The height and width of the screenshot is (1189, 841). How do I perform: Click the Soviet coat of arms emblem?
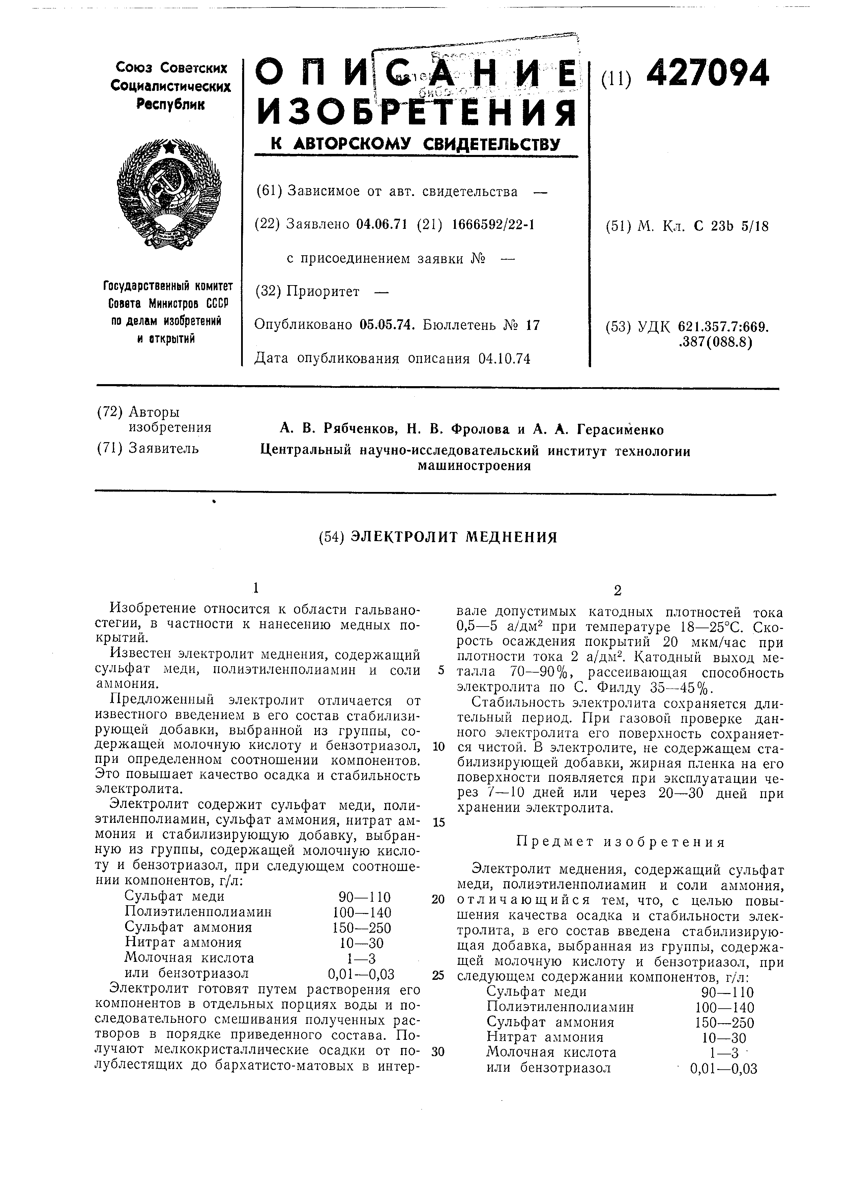pos(169,193)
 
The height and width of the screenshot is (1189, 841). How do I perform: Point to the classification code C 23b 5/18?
pos(731,226)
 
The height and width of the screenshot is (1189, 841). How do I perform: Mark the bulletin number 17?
pos(532,325)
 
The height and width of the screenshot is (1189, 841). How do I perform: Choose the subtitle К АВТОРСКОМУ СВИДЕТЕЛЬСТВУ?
pos(416,144)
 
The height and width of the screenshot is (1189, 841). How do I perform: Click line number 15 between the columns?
pos(438,823)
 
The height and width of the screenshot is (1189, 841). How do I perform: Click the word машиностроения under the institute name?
pos(474,465)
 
